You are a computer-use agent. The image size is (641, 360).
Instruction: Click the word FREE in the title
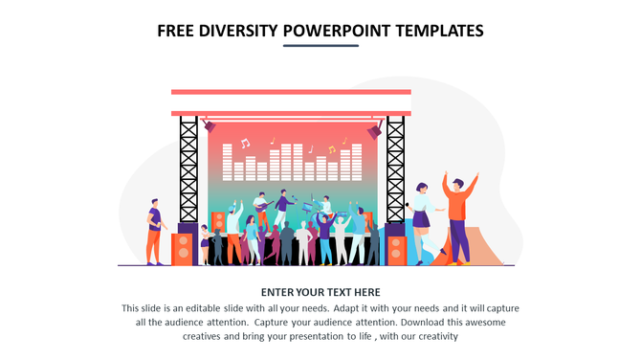click(178, 31)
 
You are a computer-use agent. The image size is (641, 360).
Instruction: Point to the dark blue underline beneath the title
click(320, 46)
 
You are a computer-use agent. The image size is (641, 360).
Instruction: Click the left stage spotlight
click(209, 125)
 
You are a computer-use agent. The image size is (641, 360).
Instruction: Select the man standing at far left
click(154, 231)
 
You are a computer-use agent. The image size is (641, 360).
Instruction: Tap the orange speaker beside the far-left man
click(182, 249)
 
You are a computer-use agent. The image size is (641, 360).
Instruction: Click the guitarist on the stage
click(260, 209)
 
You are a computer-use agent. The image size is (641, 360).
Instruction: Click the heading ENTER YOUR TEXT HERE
click(320, 292)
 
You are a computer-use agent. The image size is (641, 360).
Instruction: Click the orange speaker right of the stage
click(397, 249)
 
